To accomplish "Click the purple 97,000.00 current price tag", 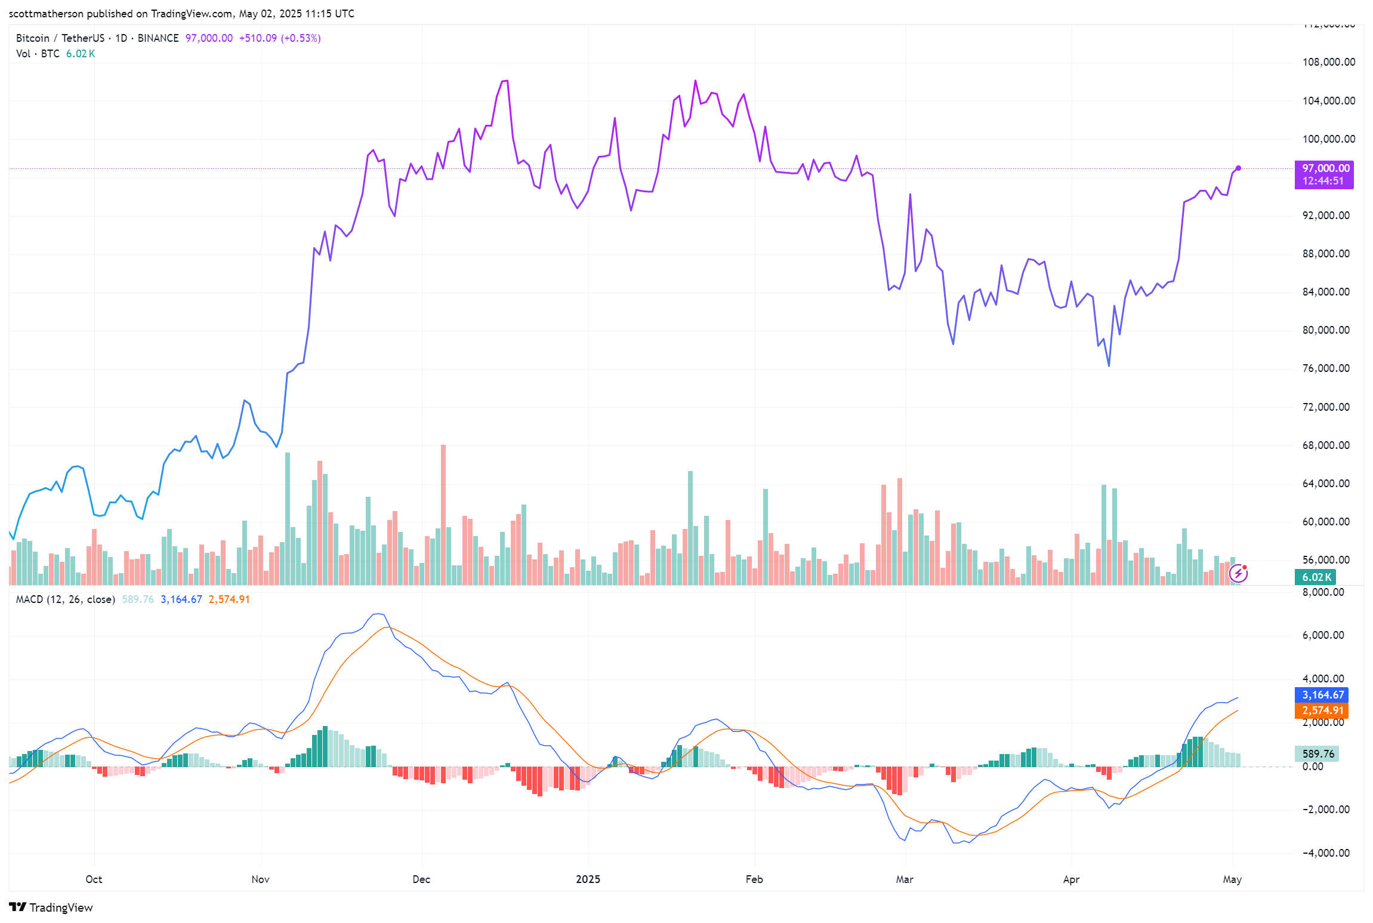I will (x=1323, y=169).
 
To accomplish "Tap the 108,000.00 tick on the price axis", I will (x=1328, y=62).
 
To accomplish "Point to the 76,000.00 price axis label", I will (x=1325, y=368).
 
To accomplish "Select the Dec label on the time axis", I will (x=421, y=879).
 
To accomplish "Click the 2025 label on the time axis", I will (x=588, y=879).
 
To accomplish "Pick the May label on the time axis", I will (x=1232, y=879).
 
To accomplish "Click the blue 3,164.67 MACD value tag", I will (x=1322, y=695).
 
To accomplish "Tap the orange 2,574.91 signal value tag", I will (x=1322, y=710).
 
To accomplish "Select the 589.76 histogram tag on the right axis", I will (x=1318, y=754).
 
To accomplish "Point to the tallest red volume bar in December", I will (x=443, y=513).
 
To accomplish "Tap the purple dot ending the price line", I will (x=1238, y=168).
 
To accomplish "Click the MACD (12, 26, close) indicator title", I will (x=65, y=599).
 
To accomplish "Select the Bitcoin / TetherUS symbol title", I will (x=60, y=38).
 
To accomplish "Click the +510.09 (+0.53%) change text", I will (x=280, y=38).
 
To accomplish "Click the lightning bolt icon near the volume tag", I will (x=1239, y=574).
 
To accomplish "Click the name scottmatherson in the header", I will (x=46, y=14).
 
